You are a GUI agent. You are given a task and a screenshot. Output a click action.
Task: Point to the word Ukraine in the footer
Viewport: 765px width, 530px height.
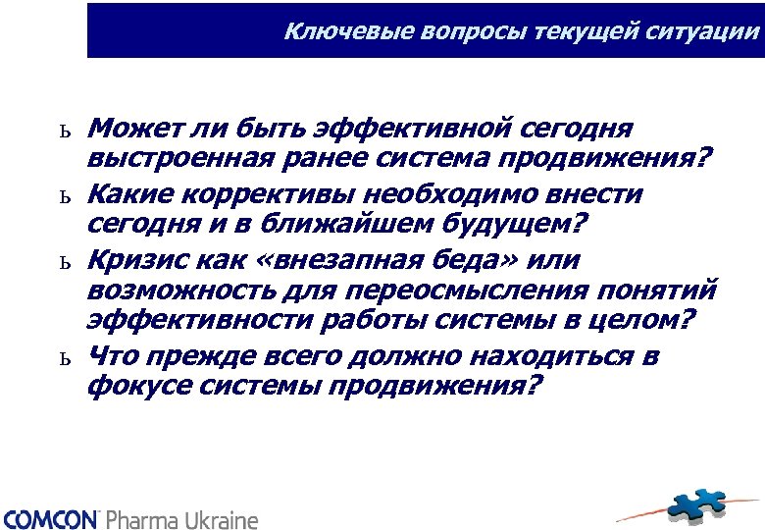(x=223, y=518)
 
